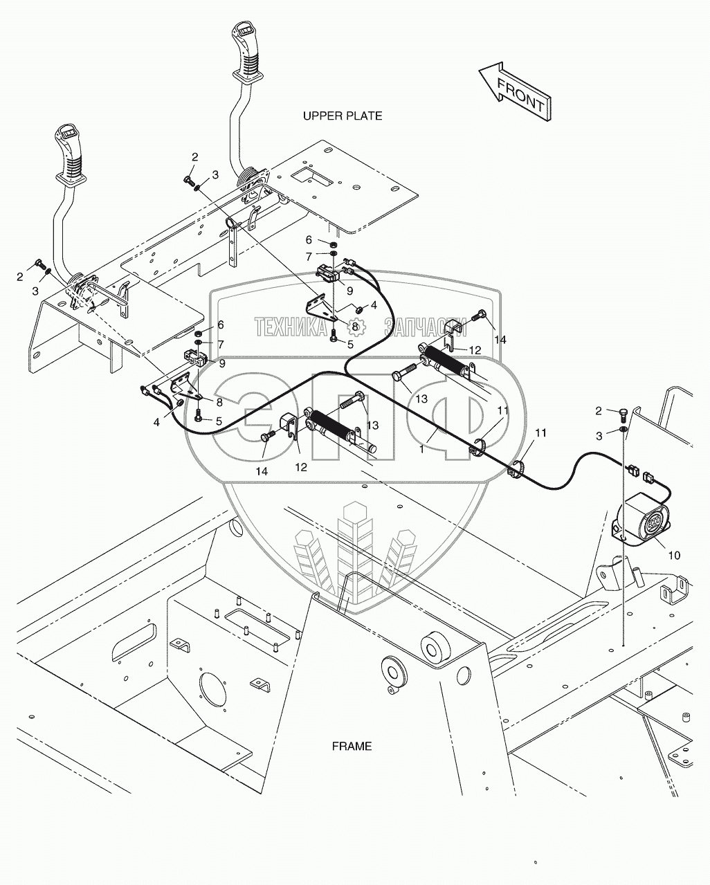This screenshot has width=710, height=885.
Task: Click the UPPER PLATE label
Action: pyautogui.click(x=342, y=116)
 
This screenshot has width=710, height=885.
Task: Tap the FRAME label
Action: pyautogui.click(x=352, y=746)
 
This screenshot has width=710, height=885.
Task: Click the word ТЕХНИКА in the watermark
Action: pyautogui.click(x=291, y=327)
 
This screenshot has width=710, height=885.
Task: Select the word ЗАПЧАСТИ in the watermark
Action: pyautogui.click(x=425, y=327)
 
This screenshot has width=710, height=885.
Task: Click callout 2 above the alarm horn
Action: pyautogui.click(x=599, y=411)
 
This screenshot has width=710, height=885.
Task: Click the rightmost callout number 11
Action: pyautogui.click(x=540, y=432)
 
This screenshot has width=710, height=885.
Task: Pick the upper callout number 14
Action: pyautogui.click(x=500, y=339)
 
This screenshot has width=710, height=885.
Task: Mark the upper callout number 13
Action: pyautogui.click(x=421, y=399)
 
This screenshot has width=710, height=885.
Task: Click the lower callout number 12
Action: pyautogui.click(x=300, y=467)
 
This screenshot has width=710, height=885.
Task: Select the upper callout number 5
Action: pyautogui.click(x=350, y=343)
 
